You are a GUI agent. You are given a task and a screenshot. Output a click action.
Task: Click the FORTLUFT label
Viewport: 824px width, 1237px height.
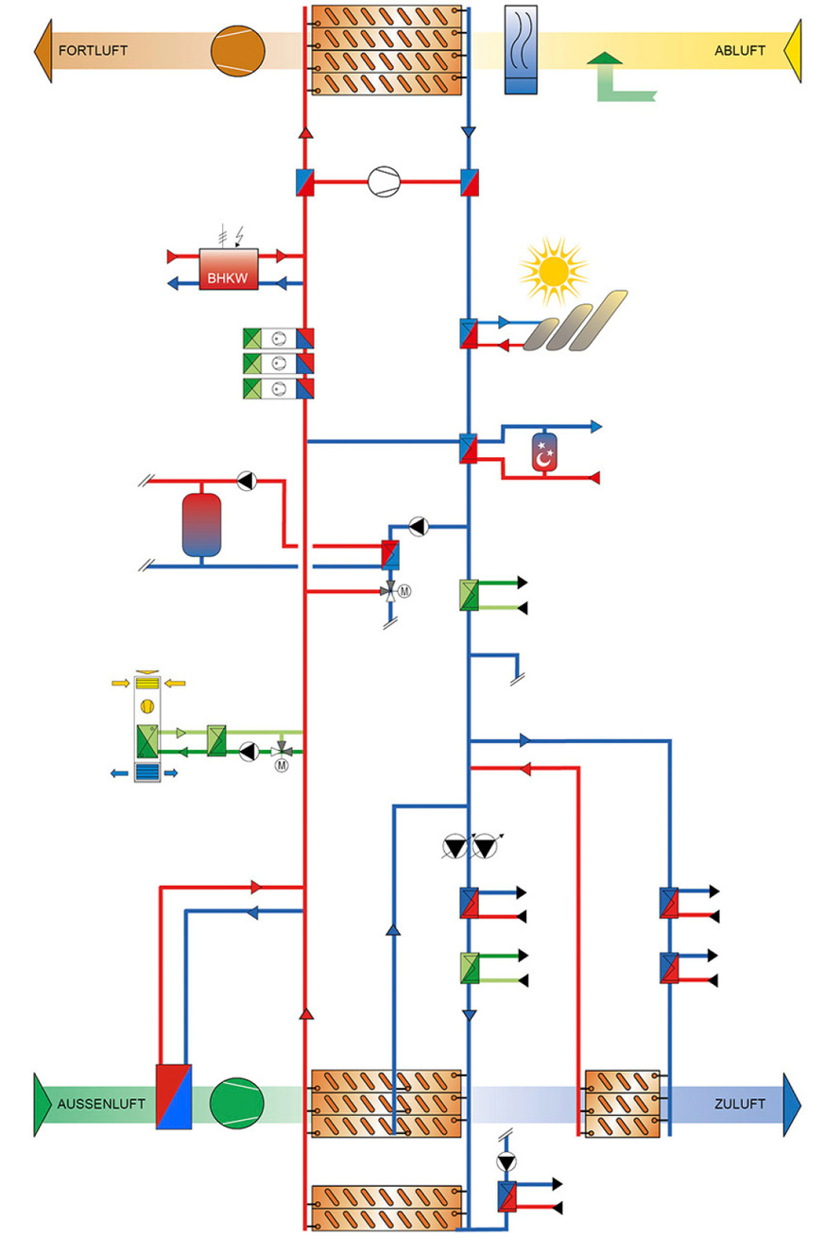(x=93, y=50)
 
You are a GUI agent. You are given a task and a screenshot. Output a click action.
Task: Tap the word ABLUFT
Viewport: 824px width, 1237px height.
(x=739, y=50)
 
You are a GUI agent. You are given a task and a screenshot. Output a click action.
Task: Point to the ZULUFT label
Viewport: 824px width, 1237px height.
(x=740, y=1103)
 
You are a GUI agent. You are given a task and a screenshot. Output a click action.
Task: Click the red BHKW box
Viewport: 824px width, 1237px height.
(x=229, y=269)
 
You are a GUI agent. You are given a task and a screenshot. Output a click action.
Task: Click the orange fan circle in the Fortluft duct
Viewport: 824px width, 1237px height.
(x=238, y=50)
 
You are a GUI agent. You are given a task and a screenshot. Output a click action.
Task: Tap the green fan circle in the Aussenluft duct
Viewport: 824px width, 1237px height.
(x=237, y=1103)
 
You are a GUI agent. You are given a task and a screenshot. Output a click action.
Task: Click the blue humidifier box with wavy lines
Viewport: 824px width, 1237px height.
(x=521, y=50)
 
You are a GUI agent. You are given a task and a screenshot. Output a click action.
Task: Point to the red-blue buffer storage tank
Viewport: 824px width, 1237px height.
(x=201, y=523)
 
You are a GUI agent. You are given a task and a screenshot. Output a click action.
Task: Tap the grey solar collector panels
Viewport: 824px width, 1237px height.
(x=575, y=322)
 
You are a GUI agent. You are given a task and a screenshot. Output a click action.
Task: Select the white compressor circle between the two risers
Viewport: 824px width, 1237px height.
(x=385, y=181)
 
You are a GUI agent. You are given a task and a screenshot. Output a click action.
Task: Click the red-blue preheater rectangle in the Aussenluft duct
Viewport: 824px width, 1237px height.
(x=174, y=1096)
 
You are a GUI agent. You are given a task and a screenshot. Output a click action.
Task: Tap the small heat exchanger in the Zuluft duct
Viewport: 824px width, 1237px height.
(x=621, y=1103)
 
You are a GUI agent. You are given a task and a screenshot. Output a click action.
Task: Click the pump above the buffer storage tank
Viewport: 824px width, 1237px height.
(x=247, y=481)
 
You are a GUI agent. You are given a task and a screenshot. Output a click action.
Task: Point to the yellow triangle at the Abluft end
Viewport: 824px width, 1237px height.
(x=793, y=50)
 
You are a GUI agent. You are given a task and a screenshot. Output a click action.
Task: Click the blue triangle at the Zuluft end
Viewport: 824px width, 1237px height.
(x=792, y=1103)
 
